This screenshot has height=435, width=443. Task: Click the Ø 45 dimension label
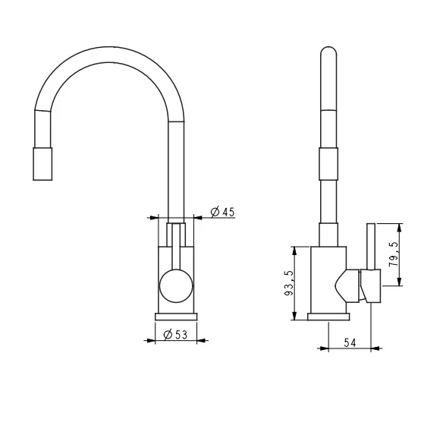point(222,212)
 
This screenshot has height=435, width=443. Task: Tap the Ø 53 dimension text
point(175,335)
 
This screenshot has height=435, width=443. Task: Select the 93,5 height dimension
point(289,283)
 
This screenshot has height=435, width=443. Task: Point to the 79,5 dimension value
point(394,254)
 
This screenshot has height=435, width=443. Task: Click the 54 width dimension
point(350,343)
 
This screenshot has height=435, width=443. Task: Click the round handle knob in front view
point(176,285)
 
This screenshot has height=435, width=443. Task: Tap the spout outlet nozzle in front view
point(42,164)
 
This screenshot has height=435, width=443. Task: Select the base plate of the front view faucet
point(176,317)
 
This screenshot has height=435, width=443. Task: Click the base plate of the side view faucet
point(328,317)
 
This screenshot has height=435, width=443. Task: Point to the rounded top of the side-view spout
point(328,49)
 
